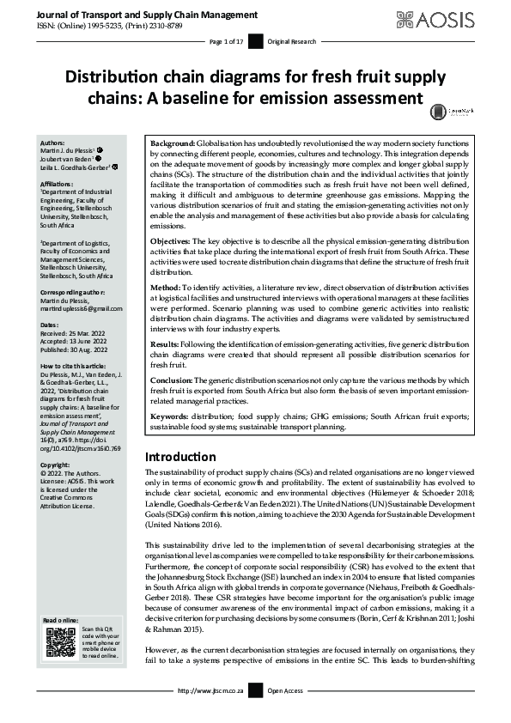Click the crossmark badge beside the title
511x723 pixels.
441,112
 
